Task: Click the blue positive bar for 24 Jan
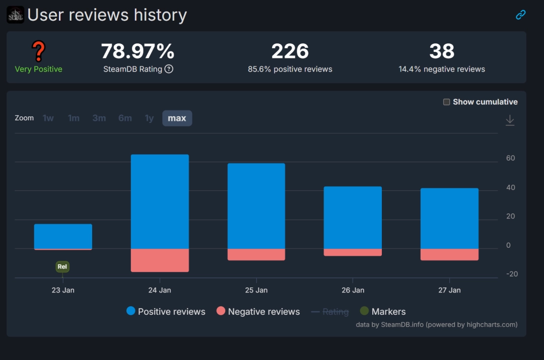pos(160,201)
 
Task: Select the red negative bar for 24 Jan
pos(160,260)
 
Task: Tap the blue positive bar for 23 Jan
pos(63,236)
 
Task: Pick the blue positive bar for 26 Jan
pos(353,218)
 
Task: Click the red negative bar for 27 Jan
pos(449,254)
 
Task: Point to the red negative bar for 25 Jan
pos(256,254)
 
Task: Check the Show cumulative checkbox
pos(446,102)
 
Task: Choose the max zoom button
pos(177,118)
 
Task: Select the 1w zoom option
pos(48,118)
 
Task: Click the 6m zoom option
pos(125,118)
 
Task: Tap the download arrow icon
pos(510,120)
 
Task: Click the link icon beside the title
pos(520,15)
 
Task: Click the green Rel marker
pos(62,267)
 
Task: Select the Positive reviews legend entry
pos(166,312)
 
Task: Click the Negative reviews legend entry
pos(258,312)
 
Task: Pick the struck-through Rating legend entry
pos(330,312)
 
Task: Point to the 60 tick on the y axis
pos(510,158)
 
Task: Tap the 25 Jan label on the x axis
pos(256,290)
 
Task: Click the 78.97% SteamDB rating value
pos(138,51)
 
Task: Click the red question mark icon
pos(38,51)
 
